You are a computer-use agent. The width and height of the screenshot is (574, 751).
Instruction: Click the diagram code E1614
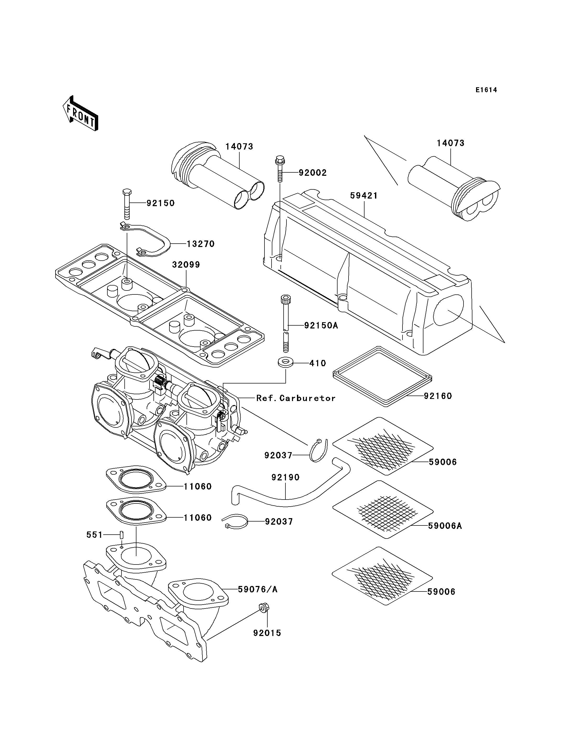pos(486,90)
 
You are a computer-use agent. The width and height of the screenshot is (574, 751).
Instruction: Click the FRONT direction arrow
pos(81,113)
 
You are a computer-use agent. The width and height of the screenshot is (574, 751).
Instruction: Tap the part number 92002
pos(313,173)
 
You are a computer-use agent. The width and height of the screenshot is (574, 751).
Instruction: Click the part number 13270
pos(201,244)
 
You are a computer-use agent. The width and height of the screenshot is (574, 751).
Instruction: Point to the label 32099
pos(186,265)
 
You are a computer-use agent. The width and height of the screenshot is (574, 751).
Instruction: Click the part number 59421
pos(364,196)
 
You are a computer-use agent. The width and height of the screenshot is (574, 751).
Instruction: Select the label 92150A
pos(321,326)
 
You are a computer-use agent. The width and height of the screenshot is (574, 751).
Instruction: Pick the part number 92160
pos(438,396)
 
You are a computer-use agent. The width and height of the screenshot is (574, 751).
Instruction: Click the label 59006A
pos(445,526)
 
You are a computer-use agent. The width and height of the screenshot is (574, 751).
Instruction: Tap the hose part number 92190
pos(286,477)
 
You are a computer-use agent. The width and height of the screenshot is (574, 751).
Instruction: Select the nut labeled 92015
pos(263,608)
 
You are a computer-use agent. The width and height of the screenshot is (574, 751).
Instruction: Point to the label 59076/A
pos(258,589)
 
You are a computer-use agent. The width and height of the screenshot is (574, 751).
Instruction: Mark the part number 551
pos(94,535)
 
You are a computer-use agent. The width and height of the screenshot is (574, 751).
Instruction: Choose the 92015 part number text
pos(267,633)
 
